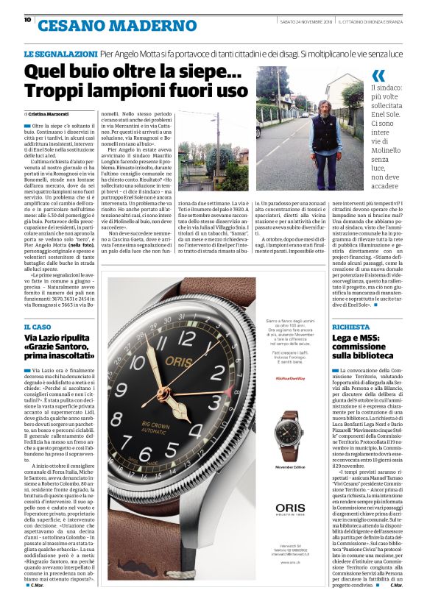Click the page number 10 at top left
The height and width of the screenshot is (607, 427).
click(x=27, y=20)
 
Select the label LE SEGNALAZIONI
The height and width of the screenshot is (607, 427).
click(x=60, y=54)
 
